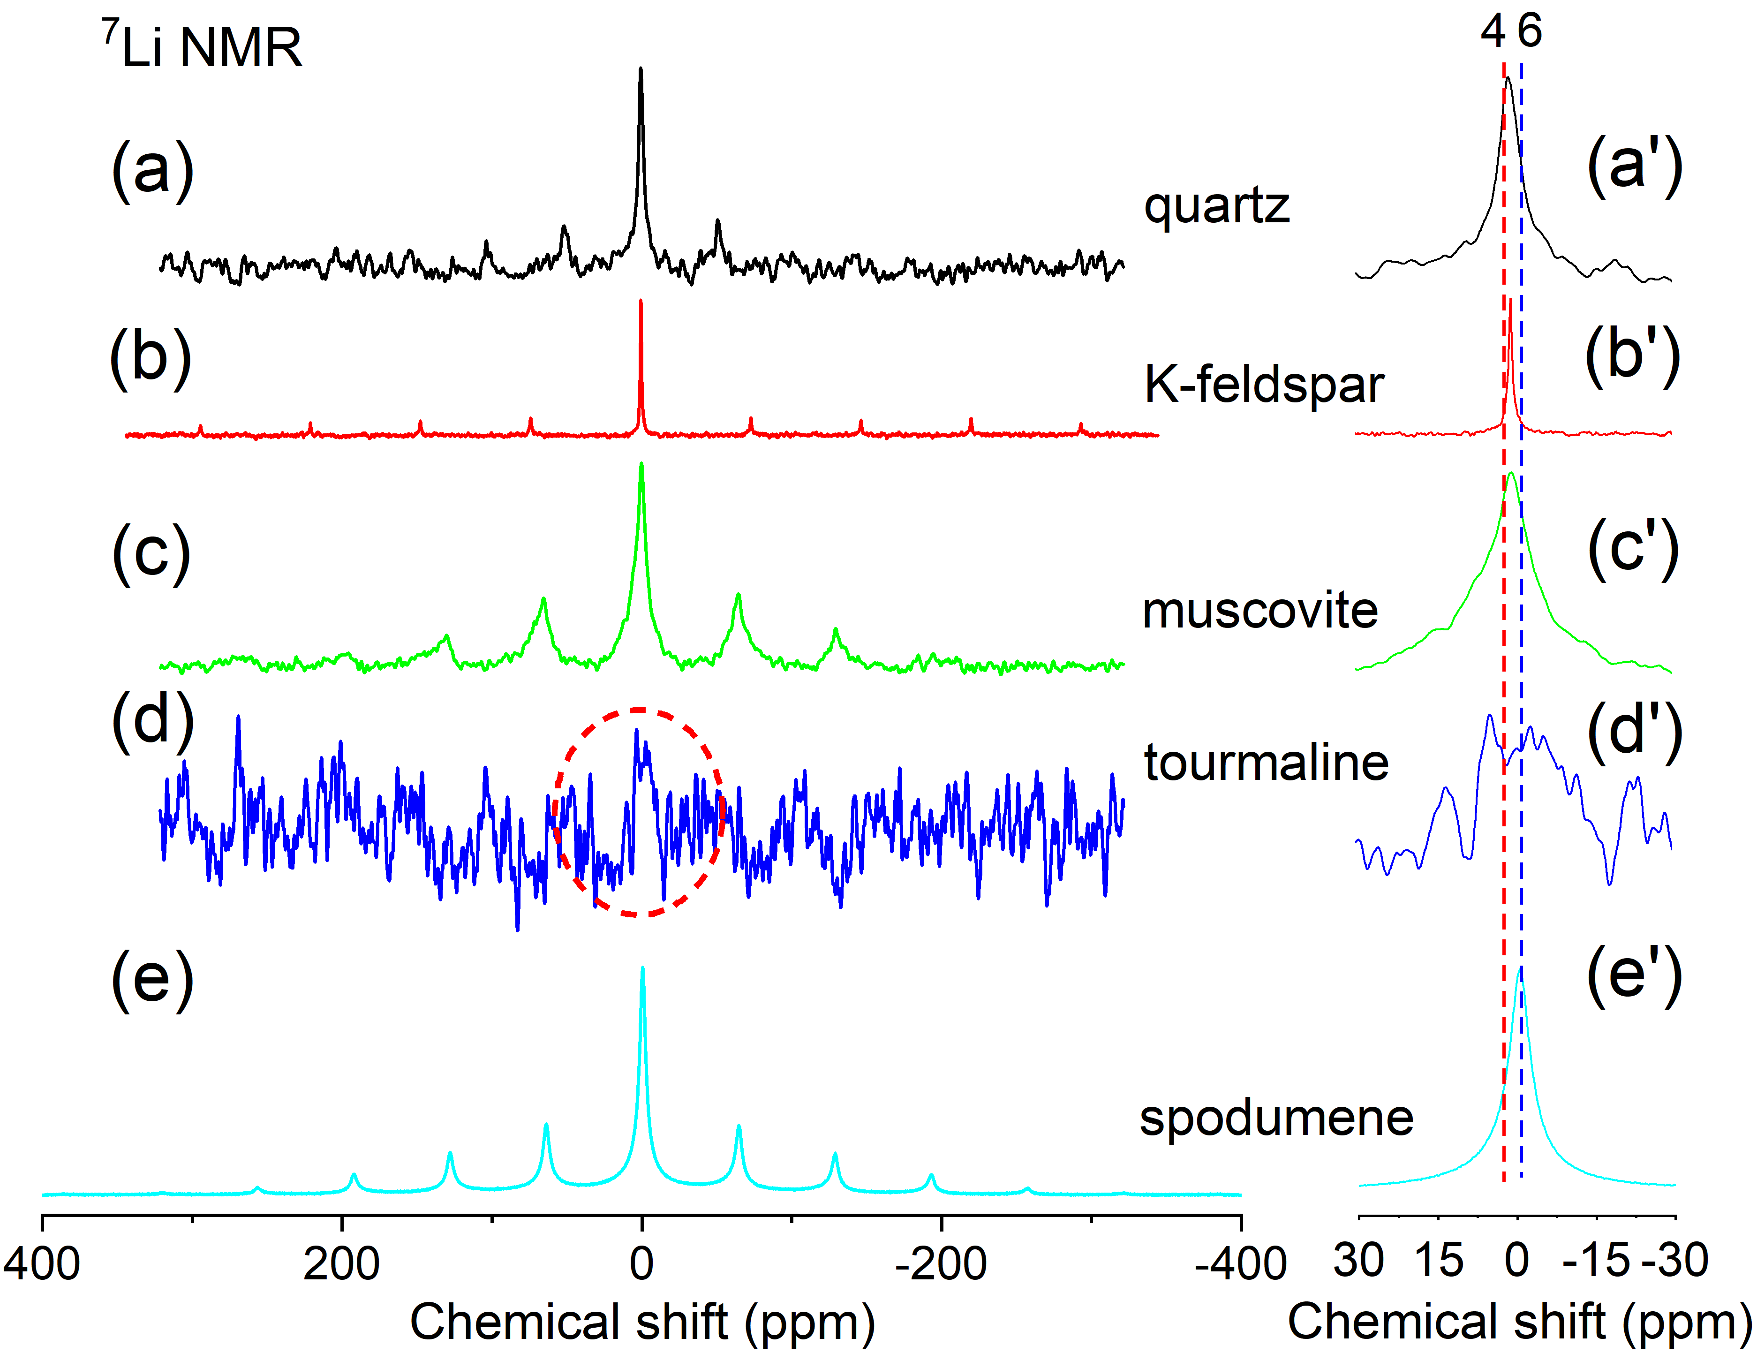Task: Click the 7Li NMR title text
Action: click(202, 46)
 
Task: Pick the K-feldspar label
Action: click(1264, 385)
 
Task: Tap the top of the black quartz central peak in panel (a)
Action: click(641, 69)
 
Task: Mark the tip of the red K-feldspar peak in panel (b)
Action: click(641, 301)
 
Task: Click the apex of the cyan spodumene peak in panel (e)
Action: click(642, 968)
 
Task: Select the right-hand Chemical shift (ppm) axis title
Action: click(1519, 1322)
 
